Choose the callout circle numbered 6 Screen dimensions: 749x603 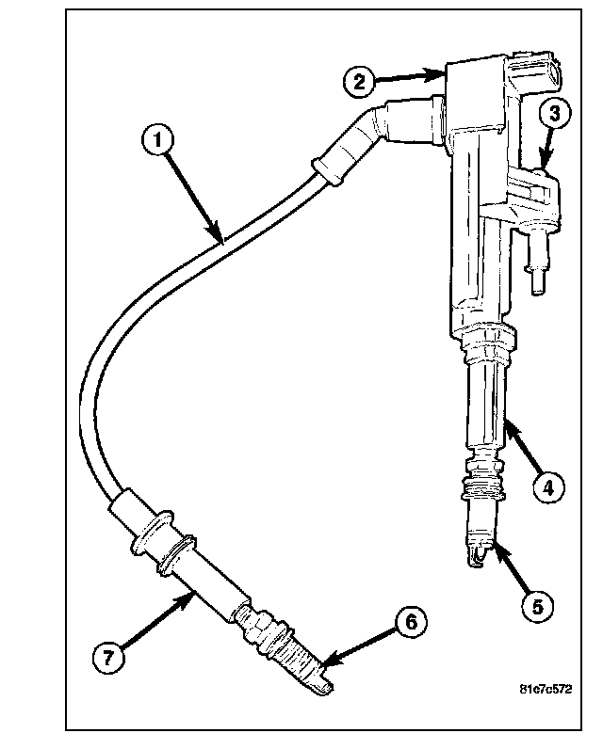tap(411, 623)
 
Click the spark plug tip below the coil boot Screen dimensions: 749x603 tap(480, 554)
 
